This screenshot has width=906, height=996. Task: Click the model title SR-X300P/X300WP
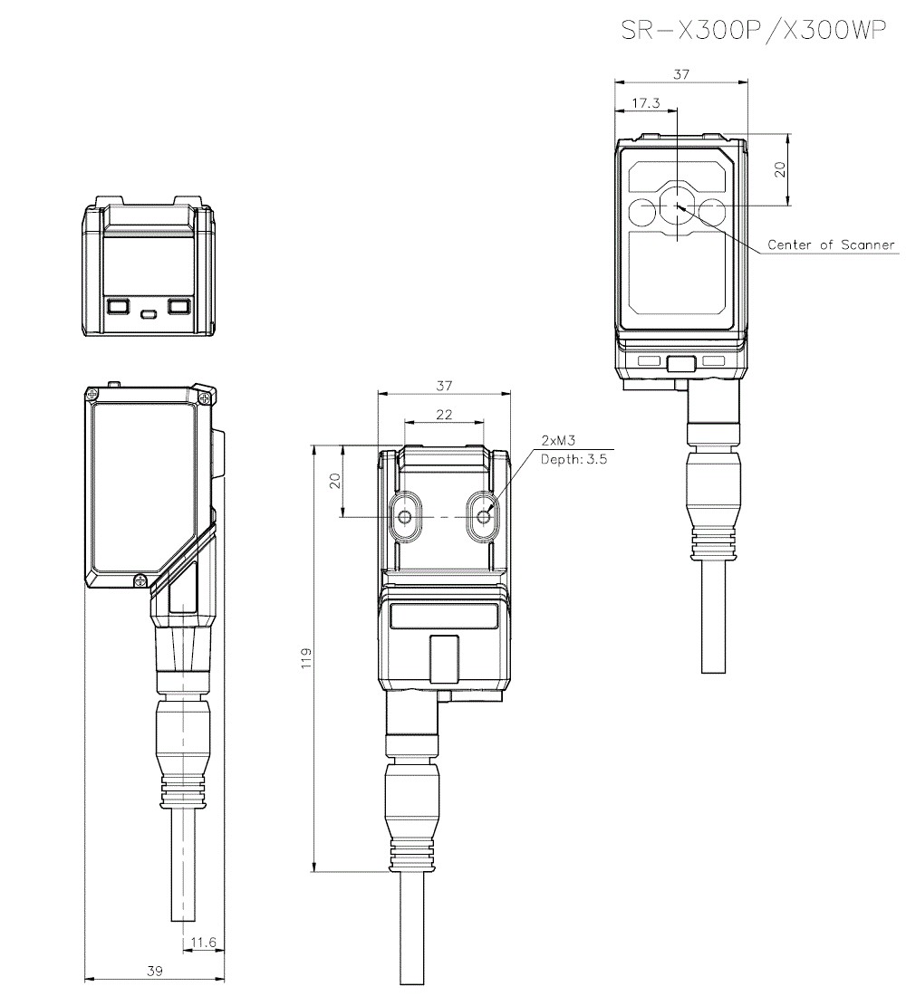752,30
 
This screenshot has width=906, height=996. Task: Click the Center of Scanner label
831,244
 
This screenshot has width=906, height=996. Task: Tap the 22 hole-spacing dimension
444,414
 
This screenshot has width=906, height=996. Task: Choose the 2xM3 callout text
558,441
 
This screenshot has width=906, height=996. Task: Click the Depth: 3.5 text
573,459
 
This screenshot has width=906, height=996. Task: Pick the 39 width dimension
155,971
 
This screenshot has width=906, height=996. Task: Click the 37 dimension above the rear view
444,386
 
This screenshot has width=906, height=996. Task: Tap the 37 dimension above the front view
681,74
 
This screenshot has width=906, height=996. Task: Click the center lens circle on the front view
677,206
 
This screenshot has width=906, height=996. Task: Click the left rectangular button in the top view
118,306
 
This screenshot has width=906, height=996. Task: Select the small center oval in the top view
149,314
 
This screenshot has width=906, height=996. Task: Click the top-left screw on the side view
92,394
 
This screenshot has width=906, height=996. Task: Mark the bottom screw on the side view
140,579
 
